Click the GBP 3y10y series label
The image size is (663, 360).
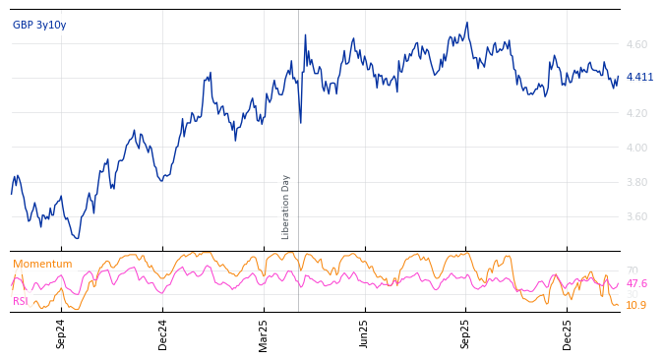tap(39, 25)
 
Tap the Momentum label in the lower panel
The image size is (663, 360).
tap(42, 264)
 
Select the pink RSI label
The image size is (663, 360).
tap(21, 301)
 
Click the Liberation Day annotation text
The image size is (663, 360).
tap(286, 207)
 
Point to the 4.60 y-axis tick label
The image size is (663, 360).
tap(636, 44)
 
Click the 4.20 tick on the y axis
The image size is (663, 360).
tap(636, 113)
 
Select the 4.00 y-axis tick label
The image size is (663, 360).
tap(636, 148)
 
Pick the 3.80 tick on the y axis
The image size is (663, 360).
tap(636, 182)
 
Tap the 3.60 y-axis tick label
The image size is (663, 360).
tap(636, 216)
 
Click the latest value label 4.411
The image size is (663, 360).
tap(639, 77)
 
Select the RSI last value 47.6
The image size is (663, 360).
tap(636, 283)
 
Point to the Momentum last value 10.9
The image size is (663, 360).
tap(636, 305)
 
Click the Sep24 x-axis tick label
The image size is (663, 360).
tap(61, 333)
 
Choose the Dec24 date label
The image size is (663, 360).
tap(163, 333)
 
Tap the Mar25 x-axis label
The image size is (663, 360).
tap(264, 333)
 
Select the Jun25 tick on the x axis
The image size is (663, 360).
tap(364, 333)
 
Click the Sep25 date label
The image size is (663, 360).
tap(465, 333)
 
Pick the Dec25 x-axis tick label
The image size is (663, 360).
tap(568, 333)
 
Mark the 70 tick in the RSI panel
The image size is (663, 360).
tap(633, 270)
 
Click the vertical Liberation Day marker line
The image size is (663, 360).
tap(298, 148)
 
